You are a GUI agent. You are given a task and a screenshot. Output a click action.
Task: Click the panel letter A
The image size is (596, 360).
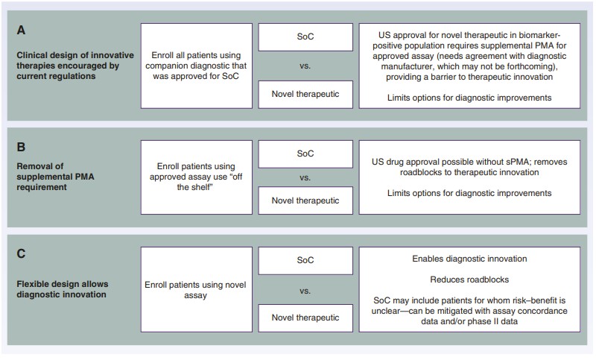coord(21,30)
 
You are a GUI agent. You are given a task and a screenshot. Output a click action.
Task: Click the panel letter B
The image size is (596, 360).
coord(21,147)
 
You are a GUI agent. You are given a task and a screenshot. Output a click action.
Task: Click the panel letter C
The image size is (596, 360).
coord(21,253)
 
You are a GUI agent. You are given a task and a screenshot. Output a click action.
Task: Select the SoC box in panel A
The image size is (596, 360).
coord(305,37)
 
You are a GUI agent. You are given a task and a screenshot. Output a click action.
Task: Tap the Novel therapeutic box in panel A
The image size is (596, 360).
coord(305,94)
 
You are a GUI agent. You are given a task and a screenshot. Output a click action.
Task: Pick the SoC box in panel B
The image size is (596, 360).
coord(305,154)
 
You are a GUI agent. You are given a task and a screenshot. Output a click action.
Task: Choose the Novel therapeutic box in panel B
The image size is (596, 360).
coord(305,200)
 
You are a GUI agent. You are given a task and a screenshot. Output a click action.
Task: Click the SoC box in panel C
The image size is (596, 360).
coord(305,260)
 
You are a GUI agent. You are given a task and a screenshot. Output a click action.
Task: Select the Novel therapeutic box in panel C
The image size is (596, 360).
coord(305,318)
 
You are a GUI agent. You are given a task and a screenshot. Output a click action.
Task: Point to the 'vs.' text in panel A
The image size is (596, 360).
coord(305,66)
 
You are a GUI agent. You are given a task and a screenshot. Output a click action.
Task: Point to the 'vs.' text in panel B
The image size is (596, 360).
coord(305,177)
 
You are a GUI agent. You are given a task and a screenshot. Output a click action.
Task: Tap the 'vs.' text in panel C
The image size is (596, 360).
coord(305,291)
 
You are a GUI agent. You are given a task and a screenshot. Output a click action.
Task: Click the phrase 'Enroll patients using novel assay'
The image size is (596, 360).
coord(195,290)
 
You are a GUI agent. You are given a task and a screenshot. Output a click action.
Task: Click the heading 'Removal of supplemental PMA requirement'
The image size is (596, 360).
coord(55,177)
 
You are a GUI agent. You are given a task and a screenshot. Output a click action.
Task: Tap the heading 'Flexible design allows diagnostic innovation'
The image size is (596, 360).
coord(63,289)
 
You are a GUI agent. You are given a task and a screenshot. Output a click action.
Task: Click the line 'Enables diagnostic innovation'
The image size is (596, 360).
coord(469,259)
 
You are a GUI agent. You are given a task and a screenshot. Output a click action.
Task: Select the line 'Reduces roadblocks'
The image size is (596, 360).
coord(469,280)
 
